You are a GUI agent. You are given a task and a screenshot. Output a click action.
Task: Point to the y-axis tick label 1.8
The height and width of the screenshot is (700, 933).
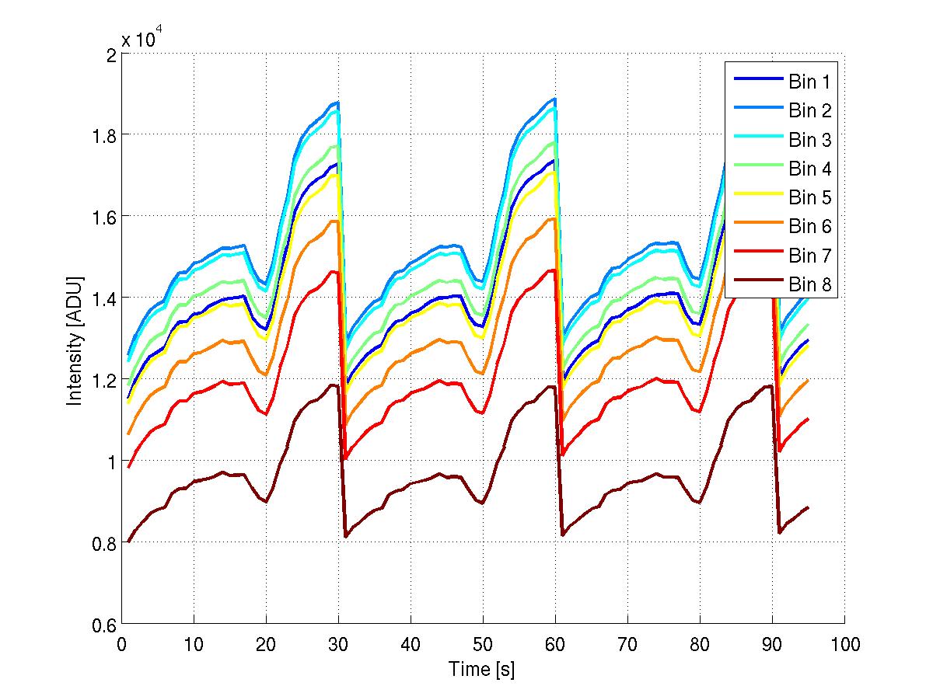click(x=101, y=135)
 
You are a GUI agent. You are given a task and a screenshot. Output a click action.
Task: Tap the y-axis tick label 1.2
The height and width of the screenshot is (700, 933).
click(x=101, y=379)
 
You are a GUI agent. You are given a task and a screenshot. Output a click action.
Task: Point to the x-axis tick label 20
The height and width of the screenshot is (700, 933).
click(x=266, y=644)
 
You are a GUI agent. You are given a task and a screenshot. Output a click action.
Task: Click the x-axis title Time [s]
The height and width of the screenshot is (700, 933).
click(x=482, y=669)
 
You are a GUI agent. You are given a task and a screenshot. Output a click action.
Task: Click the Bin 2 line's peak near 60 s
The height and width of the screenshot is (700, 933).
click(x=554, y=99)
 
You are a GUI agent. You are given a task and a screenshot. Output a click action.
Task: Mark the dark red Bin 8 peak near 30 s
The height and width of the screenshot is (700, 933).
click(x=335, y=385)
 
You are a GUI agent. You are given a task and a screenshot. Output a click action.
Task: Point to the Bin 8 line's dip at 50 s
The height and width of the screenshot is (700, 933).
click(x=483, y=503)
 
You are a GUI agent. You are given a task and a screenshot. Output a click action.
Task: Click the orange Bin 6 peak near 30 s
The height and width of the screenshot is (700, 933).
click(x=336, y=221)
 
